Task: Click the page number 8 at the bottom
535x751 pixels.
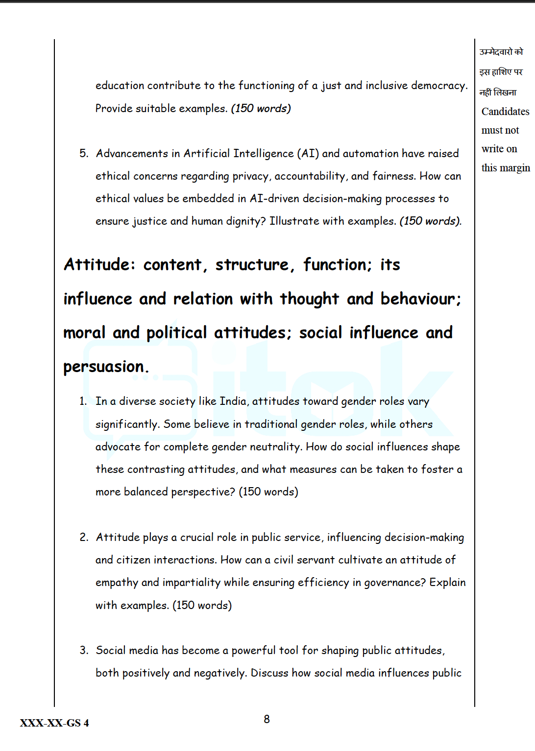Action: point(267,719)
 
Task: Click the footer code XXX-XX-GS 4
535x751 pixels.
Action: point(54,723)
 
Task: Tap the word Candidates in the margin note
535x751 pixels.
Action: point(505,112)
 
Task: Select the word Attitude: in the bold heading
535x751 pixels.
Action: point(99,265)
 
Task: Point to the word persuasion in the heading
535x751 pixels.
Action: point(105,367)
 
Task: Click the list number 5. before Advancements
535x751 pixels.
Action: point(84,154)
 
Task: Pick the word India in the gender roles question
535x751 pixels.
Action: point(233,401)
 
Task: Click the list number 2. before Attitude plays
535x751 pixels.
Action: point(84,538)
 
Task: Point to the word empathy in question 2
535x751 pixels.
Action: point(117,583)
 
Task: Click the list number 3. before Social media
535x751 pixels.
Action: point(84,651)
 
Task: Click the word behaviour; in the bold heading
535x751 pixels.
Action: point(421,299)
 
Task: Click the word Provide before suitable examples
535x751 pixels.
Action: point(114,108)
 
